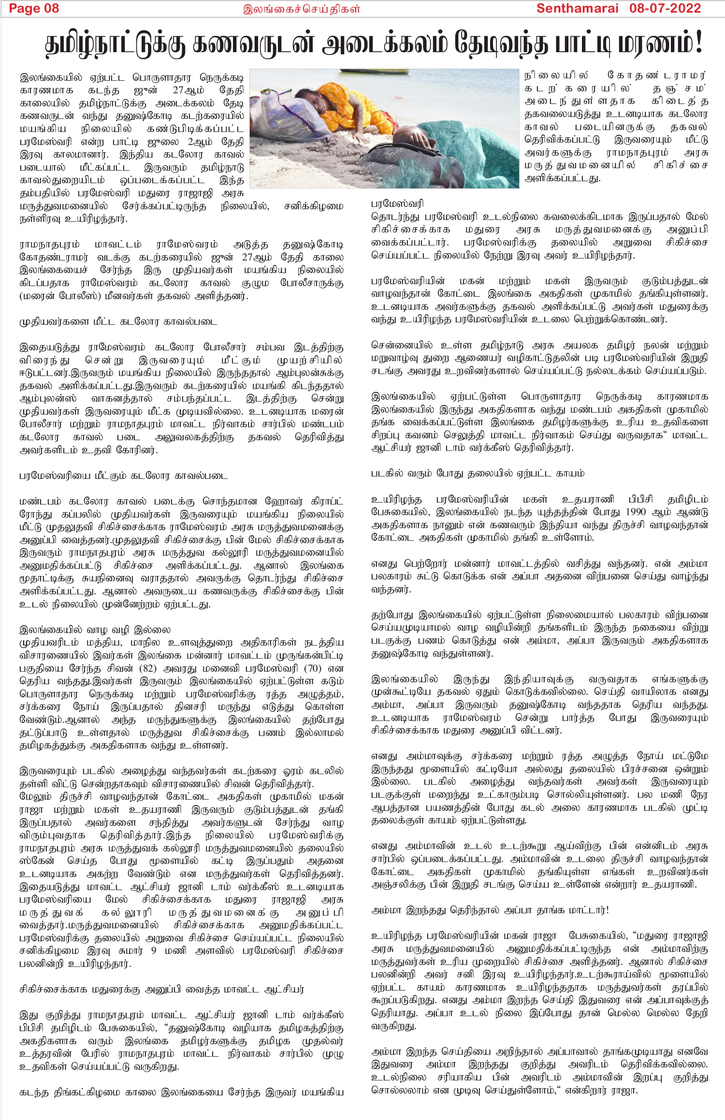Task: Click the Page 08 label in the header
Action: [34, 9]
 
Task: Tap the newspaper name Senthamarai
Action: [577, 9]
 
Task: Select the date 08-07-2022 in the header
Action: [665, 9]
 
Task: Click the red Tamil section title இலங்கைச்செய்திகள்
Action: [301, 9]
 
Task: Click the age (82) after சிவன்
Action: [147, 669]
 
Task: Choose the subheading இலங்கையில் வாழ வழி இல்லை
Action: [95, 630]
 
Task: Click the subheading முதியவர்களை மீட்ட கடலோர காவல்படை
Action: [118, 322]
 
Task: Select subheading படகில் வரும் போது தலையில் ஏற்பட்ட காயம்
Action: [478, 474]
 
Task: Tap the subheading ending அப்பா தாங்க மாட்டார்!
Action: [490, 910]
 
